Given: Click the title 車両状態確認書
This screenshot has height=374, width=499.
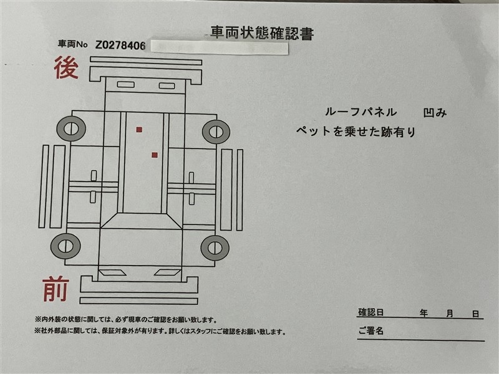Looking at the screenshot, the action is click(x=262, y=33).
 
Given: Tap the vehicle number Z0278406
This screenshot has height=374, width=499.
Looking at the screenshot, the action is click(x=120, y=46).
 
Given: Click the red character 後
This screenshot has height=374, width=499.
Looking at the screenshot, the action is click(x=66, y=67).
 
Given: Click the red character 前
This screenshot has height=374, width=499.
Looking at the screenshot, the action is click(x=56, y=289).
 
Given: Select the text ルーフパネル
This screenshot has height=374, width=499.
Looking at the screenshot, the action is click(x=361, y=112).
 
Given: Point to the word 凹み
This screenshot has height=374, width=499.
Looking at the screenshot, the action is click(x=435, y=113).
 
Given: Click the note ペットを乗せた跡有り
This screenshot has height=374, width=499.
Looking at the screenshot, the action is click(x=356, y=131).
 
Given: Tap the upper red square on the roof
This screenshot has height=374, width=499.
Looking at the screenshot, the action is click(x=139, y=130).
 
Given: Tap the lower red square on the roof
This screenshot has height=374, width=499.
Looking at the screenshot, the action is click(x=155, y=155).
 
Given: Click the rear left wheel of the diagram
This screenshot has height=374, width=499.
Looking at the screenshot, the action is click(x=71, y=129).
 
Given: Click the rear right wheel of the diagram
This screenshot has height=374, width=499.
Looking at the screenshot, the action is click(x=216, y=132).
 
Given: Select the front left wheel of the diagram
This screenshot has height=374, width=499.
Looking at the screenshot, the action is click(x=65, y=246).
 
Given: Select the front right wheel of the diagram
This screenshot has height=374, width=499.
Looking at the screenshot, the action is click(x=215, y=248).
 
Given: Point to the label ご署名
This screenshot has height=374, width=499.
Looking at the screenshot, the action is click(x=371, y=331).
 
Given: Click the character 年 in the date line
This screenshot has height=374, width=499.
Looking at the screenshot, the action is click(x=424, y=314).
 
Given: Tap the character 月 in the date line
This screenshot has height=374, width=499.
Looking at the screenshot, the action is click(x=449, y=314).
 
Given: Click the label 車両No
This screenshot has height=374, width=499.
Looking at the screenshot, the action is click(x=72, y=44).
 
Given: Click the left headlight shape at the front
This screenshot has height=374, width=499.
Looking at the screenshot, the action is click(x=113, y=272).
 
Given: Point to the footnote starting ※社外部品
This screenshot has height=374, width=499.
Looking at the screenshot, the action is click(x=160, y=332).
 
